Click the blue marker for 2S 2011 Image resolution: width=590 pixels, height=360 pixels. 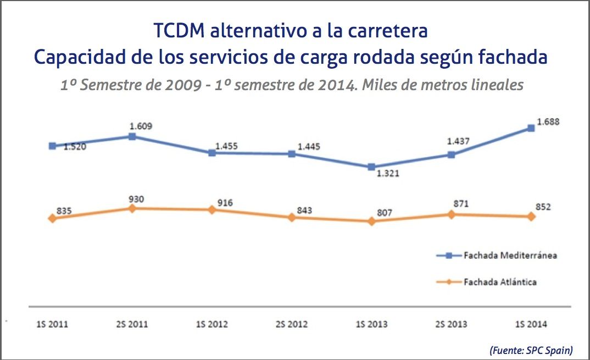(x=132, y=136)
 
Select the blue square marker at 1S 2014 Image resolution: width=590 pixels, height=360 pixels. (x=531, y=128)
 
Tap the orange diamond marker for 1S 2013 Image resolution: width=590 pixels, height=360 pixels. (x=371, y=221)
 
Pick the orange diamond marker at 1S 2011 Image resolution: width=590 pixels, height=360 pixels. (x=52, y=218)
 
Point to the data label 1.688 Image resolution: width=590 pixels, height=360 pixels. (x=548, y=121)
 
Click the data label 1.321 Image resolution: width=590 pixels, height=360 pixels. (x=388, y=174)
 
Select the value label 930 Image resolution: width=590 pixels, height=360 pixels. (x=136, y=199)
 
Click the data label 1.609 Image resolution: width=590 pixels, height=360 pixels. (x=141, y=126)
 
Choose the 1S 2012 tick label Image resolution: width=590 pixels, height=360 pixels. (x=212, y=324)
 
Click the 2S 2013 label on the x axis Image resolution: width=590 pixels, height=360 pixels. (x=452, y=324)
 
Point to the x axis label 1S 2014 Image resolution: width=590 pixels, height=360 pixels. (x=531, y=324)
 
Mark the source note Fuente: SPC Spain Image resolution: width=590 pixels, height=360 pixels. (x=530, y=350)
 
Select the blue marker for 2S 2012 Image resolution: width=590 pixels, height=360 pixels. (x=292, y=154)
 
